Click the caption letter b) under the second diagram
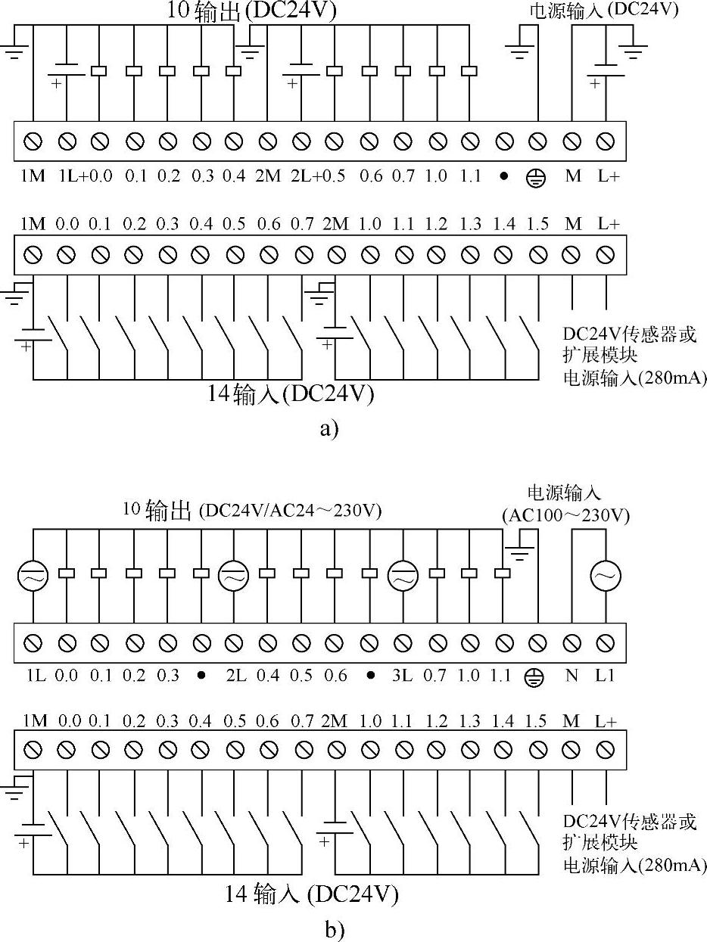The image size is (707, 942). tap(334, 929)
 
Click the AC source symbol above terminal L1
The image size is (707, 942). tap(605, 577)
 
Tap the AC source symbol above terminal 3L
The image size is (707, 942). tap(403, 577)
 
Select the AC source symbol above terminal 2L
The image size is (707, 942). tap(234, 577)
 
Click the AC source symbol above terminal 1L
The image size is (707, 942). tap(33, 577)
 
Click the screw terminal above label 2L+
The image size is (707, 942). tap(301, 141)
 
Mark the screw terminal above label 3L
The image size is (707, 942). tap(403, 643)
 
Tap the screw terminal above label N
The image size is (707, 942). tap(572, 643)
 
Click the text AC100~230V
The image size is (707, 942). tap(565, 516)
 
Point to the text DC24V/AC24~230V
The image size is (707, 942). tap(290, 512)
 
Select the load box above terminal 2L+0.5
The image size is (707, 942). tap(334, 71)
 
